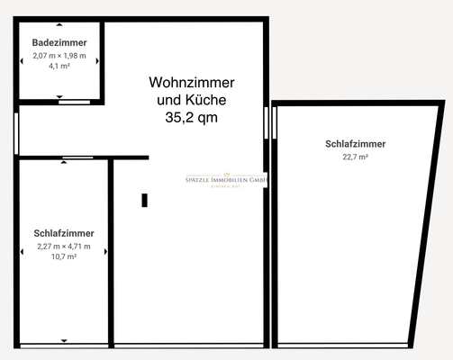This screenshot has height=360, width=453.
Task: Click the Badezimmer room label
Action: [59, 42]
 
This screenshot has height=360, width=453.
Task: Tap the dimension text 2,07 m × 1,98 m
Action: [59, 55]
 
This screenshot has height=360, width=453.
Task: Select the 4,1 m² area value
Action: [59, 66]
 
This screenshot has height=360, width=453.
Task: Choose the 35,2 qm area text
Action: [191, 117]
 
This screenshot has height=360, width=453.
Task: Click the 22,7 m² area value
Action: [356, 156]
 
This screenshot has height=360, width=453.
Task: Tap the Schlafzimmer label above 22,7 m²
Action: [356, 144]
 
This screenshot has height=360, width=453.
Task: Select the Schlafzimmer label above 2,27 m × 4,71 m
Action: [64, 233]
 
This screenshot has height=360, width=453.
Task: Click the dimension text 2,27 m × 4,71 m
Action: [64, 246]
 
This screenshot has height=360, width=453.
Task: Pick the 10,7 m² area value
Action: [64, 256]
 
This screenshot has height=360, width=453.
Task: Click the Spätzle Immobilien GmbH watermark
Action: [220, 180]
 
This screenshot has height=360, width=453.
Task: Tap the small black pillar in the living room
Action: [144, 201]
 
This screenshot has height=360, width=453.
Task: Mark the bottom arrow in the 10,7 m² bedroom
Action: [64, 340]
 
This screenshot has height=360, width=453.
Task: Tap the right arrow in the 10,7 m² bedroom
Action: [105, 251]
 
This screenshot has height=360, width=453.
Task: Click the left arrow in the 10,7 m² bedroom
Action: [22, 251]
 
